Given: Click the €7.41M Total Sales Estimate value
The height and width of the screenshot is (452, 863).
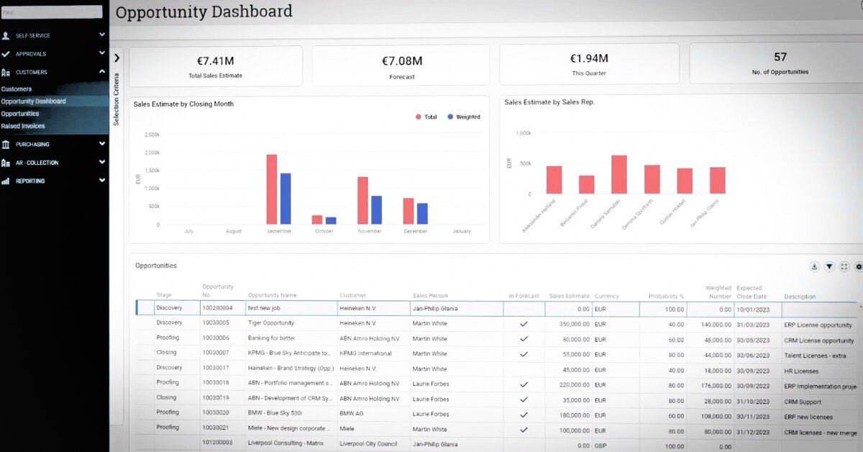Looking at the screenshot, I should [215, 60].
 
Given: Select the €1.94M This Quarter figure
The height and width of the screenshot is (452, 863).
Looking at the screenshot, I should [589, 58].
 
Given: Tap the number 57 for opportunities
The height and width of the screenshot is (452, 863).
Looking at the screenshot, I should [780, 57].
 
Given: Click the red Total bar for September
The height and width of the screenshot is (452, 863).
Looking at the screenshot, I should [272, 189].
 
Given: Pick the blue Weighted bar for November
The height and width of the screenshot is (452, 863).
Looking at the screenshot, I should [376, 209].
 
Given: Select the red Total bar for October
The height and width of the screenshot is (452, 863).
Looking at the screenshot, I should [317, 220].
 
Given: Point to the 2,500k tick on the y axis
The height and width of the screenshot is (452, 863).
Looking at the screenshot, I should [152, 135].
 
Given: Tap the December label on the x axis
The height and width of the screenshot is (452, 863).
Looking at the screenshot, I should [416, 231].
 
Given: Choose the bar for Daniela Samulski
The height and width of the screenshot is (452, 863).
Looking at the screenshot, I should [619, 174].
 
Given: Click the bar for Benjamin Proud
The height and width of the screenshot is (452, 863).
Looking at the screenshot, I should [587, 184].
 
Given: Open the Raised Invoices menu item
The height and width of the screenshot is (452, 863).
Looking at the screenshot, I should [23, 126].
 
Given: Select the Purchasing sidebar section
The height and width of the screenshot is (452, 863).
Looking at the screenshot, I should [32, 144].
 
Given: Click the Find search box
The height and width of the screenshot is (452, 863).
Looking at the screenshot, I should [52, 12].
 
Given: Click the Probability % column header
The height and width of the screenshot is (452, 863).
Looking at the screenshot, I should [666, 296].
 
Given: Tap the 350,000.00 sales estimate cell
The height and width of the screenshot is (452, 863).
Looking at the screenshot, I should [570, 324].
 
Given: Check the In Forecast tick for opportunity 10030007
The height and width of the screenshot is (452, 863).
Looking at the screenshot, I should [524, 354].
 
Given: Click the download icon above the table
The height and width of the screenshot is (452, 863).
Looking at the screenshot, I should [814, 266].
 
